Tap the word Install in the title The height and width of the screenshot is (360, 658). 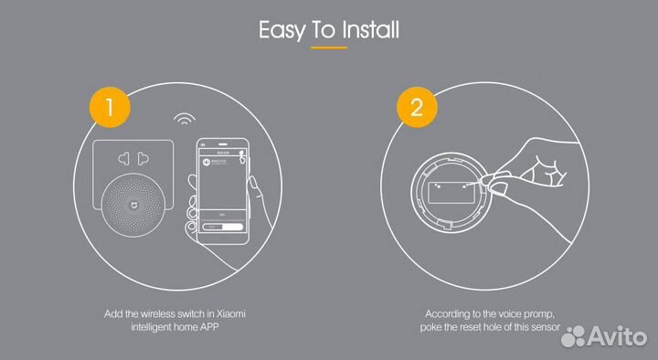pos(370,29)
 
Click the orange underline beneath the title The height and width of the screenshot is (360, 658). pos(329,48)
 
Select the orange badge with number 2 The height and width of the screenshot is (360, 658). pos(416,108)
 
